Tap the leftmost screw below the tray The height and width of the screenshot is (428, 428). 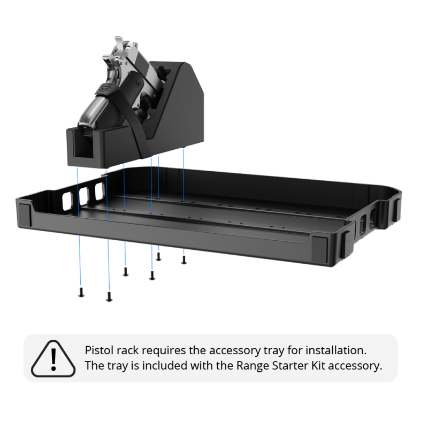81,292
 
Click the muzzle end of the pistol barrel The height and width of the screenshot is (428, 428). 87,121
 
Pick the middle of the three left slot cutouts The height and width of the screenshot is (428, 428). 83,196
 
